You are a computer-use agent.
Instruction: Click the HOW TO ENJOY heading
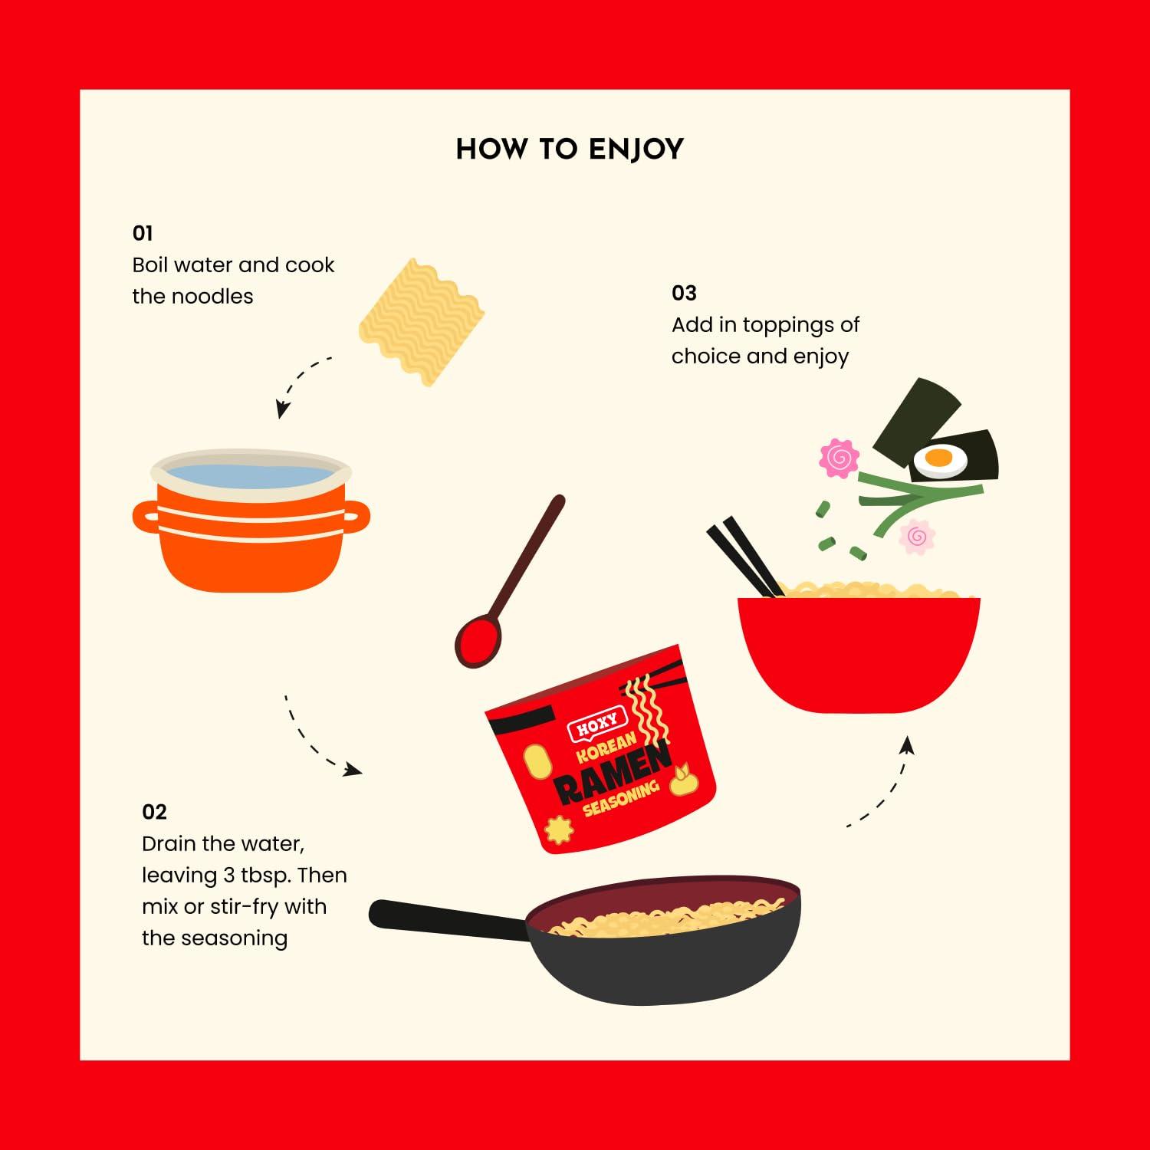point(570,149)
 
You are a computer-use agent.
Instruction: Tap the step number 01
point(143,233)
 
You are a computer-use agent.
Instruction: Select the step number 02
point(154,812)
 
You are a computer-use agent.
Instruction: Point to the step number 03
point(684,293)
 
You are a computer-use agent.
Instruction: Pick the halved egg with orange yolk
point(938,460)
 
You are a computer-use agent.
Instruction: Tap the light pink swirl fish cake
point(917,537)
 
